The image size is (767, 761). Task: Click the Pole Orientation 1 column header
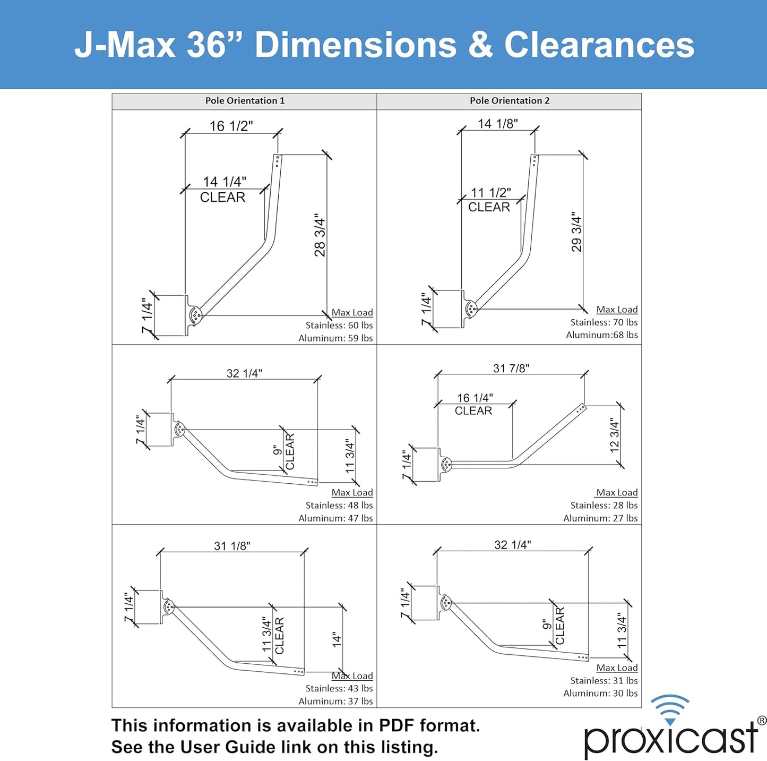tap(245, 101)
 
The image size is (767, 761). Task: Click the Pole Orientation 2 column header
tap(509, 101)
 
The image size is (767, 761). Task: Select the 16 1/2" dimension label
tap(231, 126)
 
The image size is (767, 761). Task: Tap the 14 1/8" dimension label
tap(497, 124)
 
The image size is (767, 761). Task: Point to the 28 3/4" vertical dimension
tap(320, 235)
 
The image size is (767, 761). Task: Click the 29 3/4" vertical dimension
tap(576, 232)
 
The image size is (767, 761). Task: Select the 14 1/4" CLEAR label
tap(223, 190)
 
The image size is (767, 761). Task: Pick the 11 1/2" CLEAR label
tap(490, 200)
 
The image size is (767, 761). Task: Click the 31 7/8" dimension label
tap(511, 369)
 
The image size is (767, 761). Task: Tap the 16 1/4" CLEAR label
tap(474, 404)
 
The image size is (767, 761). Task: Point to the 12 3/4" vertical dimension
tap(615, 435)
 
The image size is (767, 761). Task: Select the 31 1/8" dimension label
tap(232, 546)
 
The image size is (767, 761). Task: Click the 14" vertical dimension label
tap(337, 639)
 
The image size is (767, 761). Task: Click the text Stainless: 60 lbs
tap(339, 326)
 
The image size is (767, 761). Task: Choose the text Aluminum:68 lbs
tap(601, 335)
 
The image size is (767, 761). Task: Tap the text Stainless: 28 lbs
tap(604, 506)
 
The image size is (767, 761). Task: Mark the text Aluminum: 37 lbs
tap(335, 702)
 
